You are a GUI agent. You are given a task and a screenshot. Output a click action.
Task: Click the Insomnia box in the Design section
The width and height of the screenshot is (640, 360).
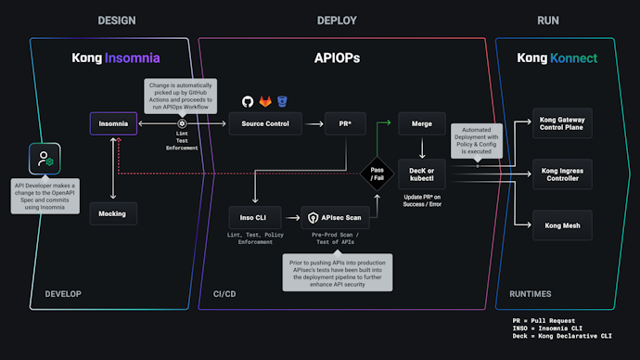(x=113, y=123)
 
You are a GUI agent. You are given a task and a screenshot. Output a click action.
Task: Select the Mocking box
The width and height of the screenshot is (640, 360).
(x=113, y=213)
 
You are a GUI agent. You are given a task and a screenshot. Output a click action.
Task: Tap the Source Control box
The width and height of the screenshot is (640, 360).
(x=265, y=123)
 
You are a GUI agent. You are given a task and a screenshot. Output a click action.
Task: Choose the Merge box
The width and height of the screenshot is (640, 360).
(x=422, y=123)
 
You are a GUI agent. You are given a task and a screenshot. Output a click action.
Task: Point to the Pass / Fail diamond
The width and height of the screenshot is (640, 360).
(x=378, y=174)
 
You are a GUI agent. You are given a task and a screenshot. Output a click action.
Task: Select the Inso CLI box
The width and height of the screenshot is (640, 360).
(x=254, y=218)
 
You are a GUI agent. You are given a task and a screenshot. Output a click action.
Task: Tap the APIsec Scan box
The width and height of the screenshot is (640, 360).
(x=335, y=218)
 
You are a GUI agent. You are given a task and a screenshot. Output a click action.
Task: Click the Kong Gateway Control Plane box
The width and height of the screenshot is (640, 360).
(x=568, y=125)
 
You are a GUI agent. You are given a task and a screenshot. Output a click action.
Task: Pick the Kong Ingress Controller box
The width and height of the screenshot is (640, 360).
(x=568, y=173)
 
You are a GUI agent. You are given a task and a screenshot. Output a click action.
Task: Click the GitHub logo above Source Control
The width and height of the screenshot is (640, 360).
(x=248, y=101)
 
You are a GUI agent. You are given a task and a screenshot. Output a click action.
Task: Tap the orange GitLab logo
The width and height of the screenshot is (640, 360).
(x=265, y=101)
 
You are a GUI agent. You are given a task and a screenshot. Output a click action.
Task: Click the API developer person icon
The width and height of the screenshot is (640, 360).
(x=44, y=160)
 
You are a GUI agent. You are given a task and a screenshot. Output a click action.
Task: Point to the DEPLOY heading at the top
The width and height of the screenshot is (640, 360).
(x=337, y=20)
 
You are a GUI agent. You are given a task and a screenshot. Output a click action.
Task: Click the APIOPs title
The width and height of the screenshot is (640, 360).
(x=338, y=58)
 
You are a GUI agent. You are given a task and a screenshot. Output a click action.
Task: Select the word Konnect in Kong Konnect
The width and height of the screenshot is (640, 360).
(x=575, y=58)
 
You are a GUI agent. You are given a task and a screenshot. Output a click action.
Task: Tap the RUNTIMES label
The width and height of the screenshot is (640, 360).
(x=531, y=294)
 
